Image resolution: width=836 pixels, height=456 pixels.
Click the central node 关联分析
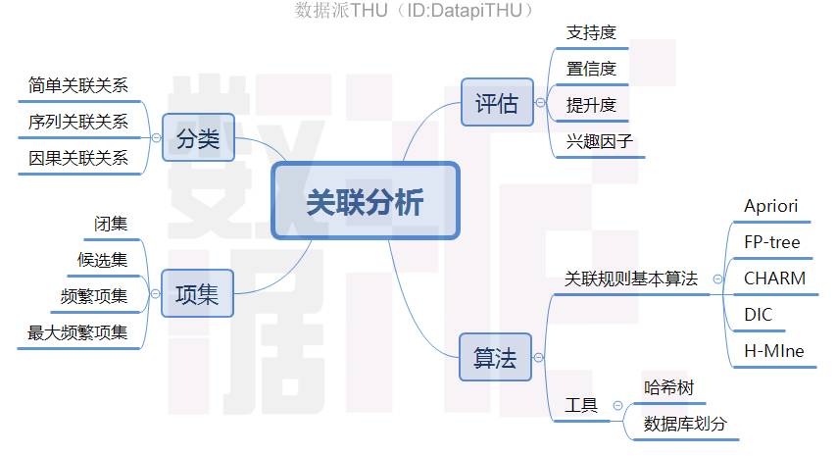coord(365,201)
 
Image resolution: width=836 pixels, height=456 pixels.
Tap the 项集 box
coord(197,293)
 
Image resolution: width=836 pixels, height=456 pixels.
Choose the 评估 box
coord(496,103)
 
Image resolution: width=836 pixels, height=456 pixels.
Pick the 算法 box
coord(494,358)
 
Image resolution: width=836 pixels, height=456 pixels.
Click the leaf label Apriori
coord(770,206)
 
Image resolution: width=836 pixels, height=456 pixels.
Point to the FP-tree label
coord(771,242)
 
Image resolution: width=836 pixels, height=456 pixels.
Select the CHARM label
coord(774,279)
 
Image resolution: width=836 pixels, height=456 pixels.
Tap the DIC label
coord(758,315)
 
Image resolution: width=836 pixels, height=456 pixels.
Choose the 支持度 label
coord(591,33)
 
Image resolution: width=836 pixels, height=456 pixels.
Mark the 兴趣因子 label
coord(600,141)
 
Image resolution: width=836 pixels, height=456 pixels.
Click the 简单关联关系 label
coord(78,85)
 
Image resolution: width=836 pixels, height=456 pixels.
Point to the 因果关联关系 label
coord(78,158)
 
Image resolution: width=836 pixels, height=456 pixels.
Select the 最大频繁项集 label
coord(78,332)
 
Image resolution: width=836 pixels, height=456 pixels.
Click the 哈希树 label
coord(668,387)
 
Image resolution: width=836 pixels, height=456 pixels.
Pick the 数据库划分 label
coord(685,424)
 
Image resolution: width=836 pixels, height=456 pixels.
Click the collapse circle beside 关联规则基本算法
coord(717,279)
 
